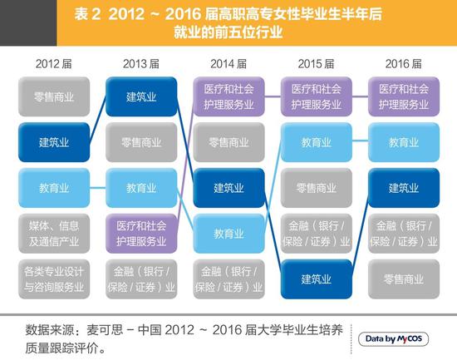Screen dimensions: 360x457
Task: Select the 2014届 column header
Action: click(228, 63)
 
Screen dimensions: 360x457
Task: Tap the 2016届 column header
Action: click(404, 63)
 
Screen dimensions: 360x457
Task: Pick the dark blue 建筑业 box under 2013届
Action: click(140, 97)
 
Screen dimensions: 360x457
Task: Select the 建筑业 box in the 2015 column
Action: click(317, 279)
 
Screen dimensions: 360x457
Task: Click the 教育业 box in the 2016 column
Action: click(404, 142)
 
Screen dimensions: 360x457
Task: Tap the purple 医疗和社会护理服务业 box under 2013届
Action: click(140, 234)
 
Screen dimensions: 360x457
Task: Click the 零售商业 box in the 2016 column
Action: click(404, 279)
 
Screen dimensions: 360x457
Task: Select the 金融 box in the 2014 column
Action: click(228, 279)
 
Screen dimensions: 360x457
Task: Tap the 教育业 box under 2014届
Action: click(228, 234)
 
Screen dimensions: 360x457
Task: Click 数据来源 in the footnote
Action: click(49, 328)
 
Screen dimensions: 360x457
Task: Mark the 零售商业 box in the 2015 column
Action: click(317, 188)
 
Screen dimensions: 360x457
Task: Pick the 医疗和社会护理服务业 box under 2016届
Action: click(404, 97)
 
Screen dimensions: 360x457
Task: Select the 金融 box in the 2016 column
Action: click(404, 234)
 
